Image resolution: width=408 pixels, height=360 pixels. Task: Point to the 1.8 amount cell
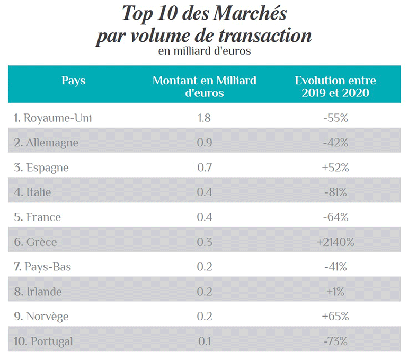[204, 118]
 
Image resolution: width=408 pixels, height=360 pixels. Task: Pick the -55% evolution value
[335, 118]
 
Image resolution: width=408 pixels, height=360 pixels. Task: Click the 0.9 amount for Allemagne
[204, 143]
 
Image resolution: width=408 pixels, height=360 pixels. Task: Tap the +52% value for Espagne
[335, 168]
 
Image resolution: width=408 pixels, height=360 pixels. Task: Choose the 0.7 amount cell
[204, 168]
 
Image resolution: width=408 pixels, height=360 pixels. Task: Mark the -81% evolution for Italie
[335, 192]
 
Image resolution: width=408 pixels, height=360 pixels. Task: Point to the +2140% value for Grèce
[335, 242]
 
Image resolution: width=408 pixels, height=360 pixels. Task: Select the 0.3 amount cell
[204, 242]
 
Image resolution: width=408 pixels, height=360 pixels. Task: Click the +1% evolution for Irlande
[335, 292]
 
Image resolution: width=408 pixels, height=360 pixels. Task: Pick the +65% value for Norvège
[335, 317]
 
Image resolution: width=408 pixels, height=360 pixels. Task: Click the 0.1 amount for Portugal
[204, 341]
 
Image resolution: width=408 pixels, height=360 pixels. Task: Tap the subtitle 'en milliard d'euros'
[204, 51]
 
